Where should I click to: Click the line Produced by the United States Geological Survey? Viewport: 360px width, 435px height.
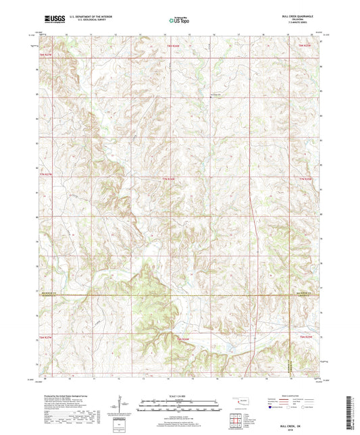point(72,396)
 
